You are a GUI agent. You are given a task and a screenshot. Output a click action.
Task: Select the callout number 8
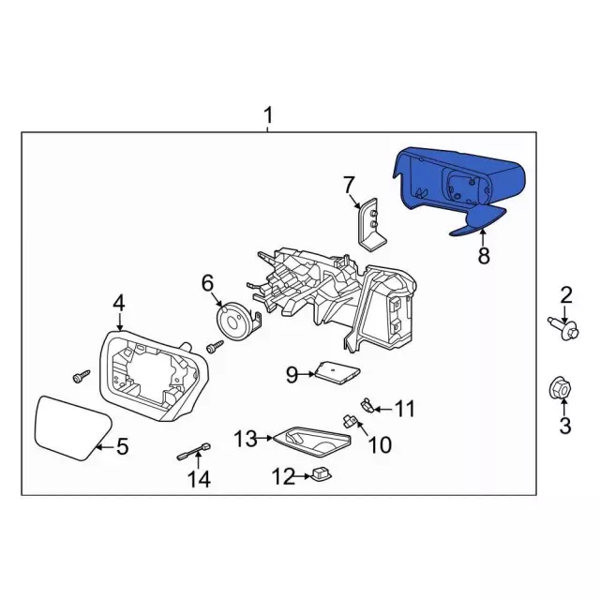click(484, 255)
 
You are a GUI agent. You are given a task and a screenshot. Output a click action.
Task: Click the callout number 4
click(119, 304)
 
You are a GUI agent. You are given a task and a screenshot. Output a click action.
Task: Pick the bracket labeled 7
click(372, 226)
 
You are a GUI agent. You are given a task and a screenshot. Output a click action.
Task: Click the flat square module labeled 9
click(337, 373)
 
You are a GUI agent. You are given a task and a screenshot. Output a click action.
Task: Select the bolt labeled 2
click(563, 329)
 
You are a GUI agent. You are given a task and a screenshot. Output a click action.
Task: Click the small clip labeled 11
click(367, 405)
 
